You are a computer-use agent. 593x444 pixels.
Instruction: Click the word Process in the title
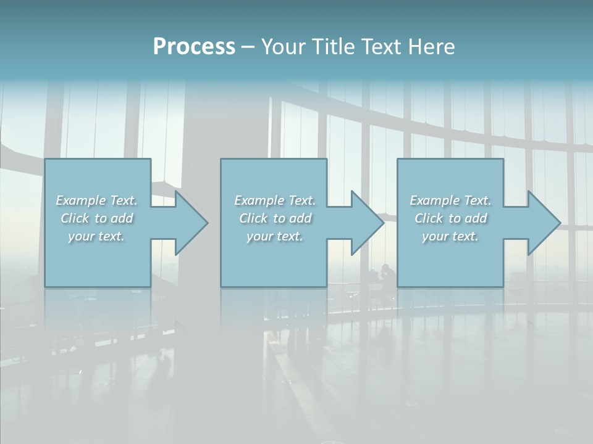(194, 47)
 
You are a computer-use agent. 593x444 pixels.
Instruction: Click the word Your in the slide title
(284, 47)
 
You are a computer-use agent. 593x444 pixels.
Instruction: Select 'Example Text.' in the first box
(97, 200)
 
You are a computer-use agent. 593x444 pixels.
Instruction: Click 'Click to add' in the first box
(97, 218)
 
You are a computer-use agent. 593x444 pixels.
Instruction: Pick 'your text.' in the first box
(97, 236)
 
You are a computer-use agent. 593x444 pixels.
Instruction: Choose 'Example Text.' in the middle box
(275, 200)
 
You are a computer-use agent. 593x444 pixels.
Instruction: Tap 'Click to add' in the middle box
(275, 218)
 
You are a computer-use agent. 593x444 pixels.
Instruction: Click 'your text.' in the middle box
(275, 236)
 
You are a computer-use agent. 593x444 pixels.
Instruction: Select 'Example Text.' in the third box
(450, 200)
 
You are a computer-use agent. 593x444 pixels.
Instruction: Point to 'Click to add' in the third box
(450, 218)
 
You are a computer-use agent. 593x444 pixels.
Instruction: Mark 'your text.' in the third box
(450, 236)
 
